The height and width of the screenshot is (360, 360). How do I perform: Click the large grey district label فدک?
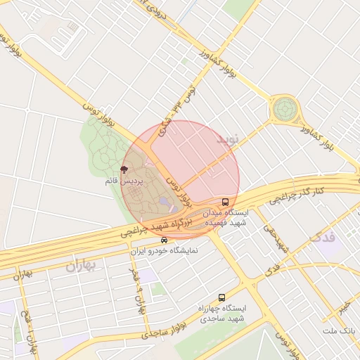(x=326, y=238)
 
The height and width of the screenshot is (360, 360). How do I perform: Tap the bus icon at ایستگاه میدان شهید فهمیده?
(x=225, y=201)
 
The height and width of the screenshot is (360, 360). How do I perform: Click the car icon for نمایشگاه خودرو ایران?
(x=165, y=240)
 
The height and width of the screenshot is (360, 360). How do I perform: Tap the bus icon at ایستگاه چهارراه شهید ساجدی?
(x=222, y=297)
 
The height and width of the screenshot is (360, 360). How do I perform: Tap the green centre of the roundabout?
(x=284, y=110)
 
